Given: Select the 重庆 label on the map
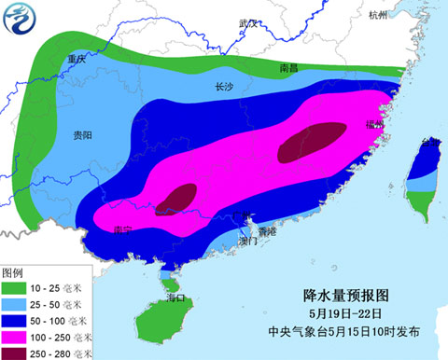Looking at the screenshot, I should point(76,58).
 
